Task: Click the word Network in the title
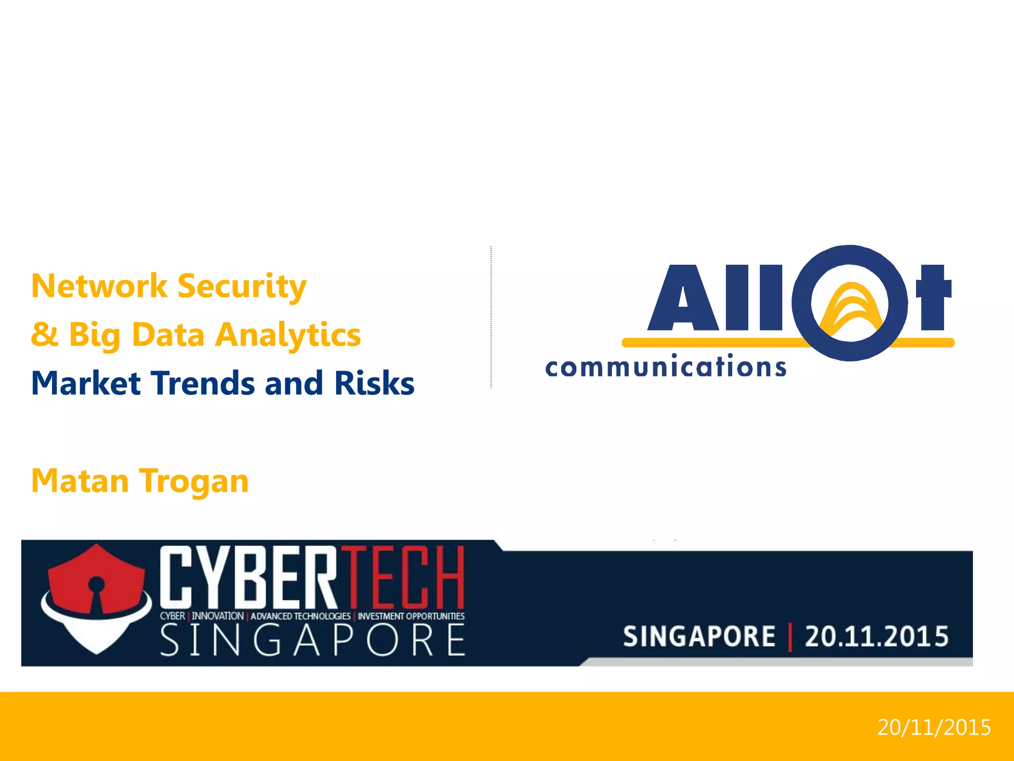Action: pos(99,286)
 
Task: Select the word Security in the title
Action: pos(242,287)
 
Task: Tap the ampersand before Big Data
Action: pos(45,334)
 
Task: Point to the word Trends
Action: pos(203,383)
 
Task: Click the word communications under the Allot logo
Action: pos(665,367)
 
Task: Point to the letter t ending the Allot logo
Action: pos(933,297)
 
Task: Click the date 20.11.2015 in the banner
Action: pos(876,637)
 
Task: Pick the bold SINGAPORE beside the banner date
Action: pos(699,637)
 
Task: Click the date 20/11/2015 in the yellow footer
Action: pos(934,727)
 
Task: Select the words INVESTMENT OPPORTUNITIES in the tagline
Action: pos(411,616)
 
